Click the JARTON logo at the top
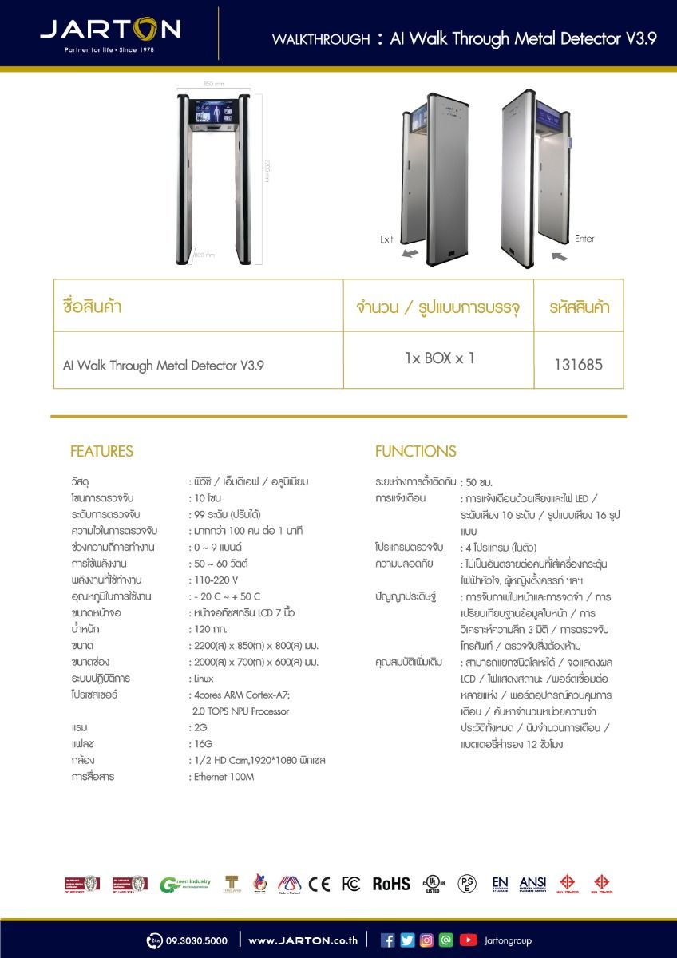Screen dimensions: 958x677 tap(110, 32)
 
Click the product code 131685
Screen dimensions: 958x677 tap(578, 365)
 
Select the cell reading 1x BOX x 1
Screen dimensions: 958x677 tap(439, 358)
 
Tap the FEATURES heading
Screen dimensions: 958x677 tap(101, 452)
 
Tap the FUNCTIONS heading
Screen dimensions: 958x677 tap(416, 452)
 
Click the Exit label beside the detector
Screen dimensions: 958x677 tap(386, 239)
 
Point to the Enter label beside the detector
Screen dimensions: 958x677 tap(584, 239)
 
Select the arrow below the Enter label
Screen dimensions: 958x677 tap(559, 255)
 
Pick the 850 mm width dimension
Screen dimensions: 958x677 tap(213, 84)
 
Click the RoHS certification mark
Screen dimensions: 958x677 tap(391, 884)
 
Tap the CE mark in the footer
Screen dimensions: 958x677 tap(319, 884)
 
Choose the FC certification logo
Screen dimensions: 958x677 tap(350, 884)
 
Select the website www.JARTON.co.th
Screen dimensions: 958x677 tap(303, 940)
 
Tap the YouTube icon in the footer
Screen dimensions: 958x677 tap(468, 940)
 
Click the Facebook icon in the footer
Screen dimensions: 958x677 tap(388, 940)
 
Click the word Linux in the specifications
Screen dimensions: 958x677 tap(204, 679)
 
